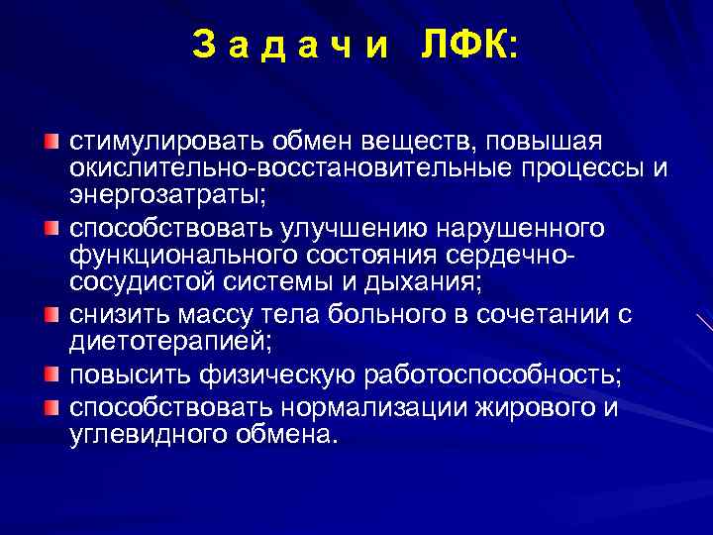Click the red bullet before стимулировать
click(51, 139)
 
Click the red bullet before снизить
click(51, 315)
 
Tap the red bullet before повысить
click(51, 374)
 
